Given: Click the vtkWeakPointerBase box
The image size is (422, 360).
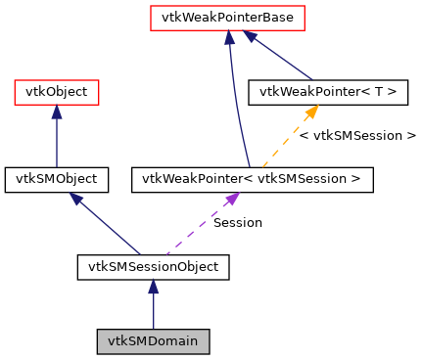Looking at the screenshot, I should coord(227,18).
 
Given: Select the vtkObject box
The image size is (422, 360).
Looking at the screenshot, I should coord(56,93).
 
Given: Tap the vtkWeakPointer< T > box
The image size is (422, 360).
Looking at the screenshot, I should coord(328,93).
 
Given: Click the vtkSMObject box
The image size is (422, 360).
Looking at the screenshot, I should coord(56,179).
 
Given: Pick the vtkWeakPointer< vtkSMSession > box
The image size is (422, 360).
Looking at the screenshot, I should coord(252,179).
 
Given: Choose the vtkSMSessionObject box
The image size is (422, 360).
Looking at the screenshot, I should coord(153,265).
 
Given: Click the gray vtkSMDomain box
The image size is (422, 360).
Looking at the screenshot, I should coord(153,341).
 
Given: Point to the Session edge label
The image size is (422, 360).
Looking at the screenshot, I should coord(238,223).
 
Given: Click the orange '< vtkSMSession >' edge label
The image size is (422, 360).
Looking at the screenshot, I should coord(357,135).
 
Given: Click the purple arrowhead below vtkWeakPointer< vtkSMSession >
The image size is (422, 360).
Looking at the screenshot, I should coord(231,199).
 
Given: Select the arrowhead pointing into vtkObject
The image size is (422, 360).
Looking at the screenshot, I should coord(56,112).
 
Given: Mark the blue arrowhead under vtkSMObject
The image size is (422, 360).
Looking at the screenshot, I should coord(75,199).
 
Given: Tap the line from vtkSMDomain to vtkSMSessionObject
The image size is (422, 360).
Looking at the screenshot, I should coord(153,311).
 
